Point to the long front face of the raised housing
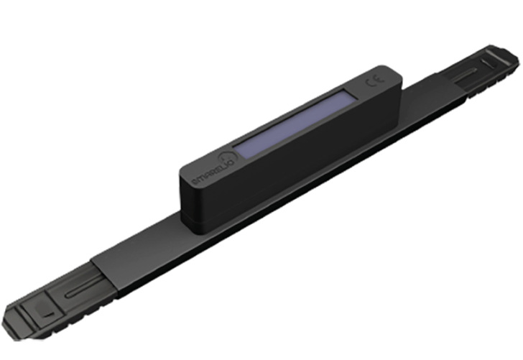(287, 172)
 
